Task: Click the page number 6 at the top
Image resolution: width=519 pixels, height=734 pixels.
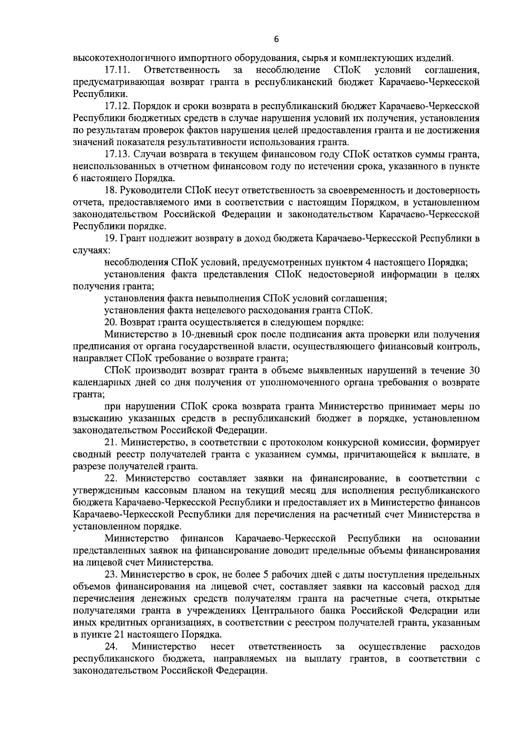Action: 276,39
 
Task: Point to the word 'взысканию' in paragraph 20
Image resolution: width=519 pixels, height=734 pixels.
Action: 93,419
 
